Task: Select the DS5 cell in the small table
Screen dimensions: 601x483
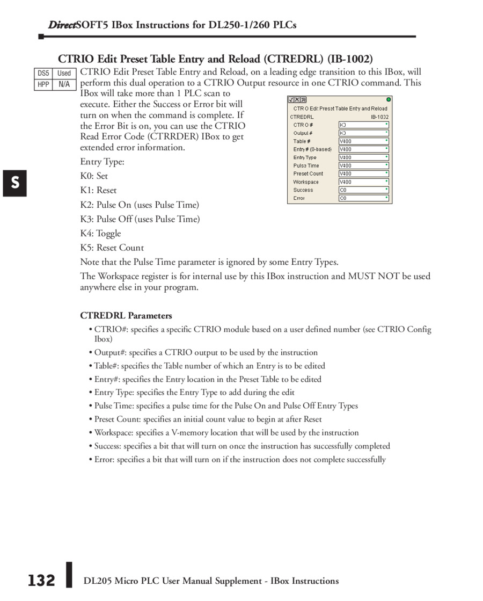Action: (43, 73)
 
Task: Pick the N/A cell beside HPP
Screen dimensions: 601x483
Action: (64, 84)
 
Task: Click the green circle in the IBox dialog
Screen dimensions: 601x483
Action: (389, 99)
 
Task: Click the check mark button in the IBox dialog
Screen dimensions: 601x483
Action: (291, 100)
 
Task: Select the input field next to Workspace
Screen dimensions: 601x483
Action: (363, 182)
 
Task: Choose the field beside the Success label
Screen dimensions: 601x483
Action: (363, 190)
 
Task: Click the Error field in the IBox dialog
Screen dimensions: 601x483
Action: (363, 198)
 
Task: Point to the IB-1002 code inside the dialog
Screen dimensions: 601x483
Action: (379, 117)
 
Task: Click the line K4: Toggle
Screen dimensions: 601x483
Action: (101, 233)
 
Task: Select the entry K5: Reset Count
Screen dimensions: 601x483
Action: (112, 248)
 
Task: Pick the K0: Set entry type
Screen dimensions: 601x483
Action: (94, 176)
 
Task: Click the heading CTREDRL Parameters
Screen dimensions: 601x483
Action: (126, 315)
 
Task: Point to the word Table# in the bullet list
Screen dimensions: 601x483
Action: (105, 366)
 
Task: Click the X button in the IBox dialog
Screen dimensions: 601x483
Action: (297, 100)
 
